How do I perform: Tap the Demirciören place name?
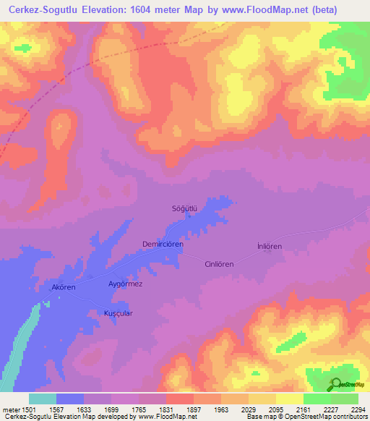point(163,244)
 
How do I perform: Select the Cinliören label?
point(219,264)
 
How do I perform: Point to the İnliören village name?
point(269,246)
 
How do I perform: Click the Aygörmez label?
point(125,284)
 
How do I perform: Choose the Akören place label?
point(64,287)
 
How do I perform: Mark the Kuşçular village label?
point(115,313)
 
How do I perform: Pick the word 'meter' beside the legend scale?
point(10,409)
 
